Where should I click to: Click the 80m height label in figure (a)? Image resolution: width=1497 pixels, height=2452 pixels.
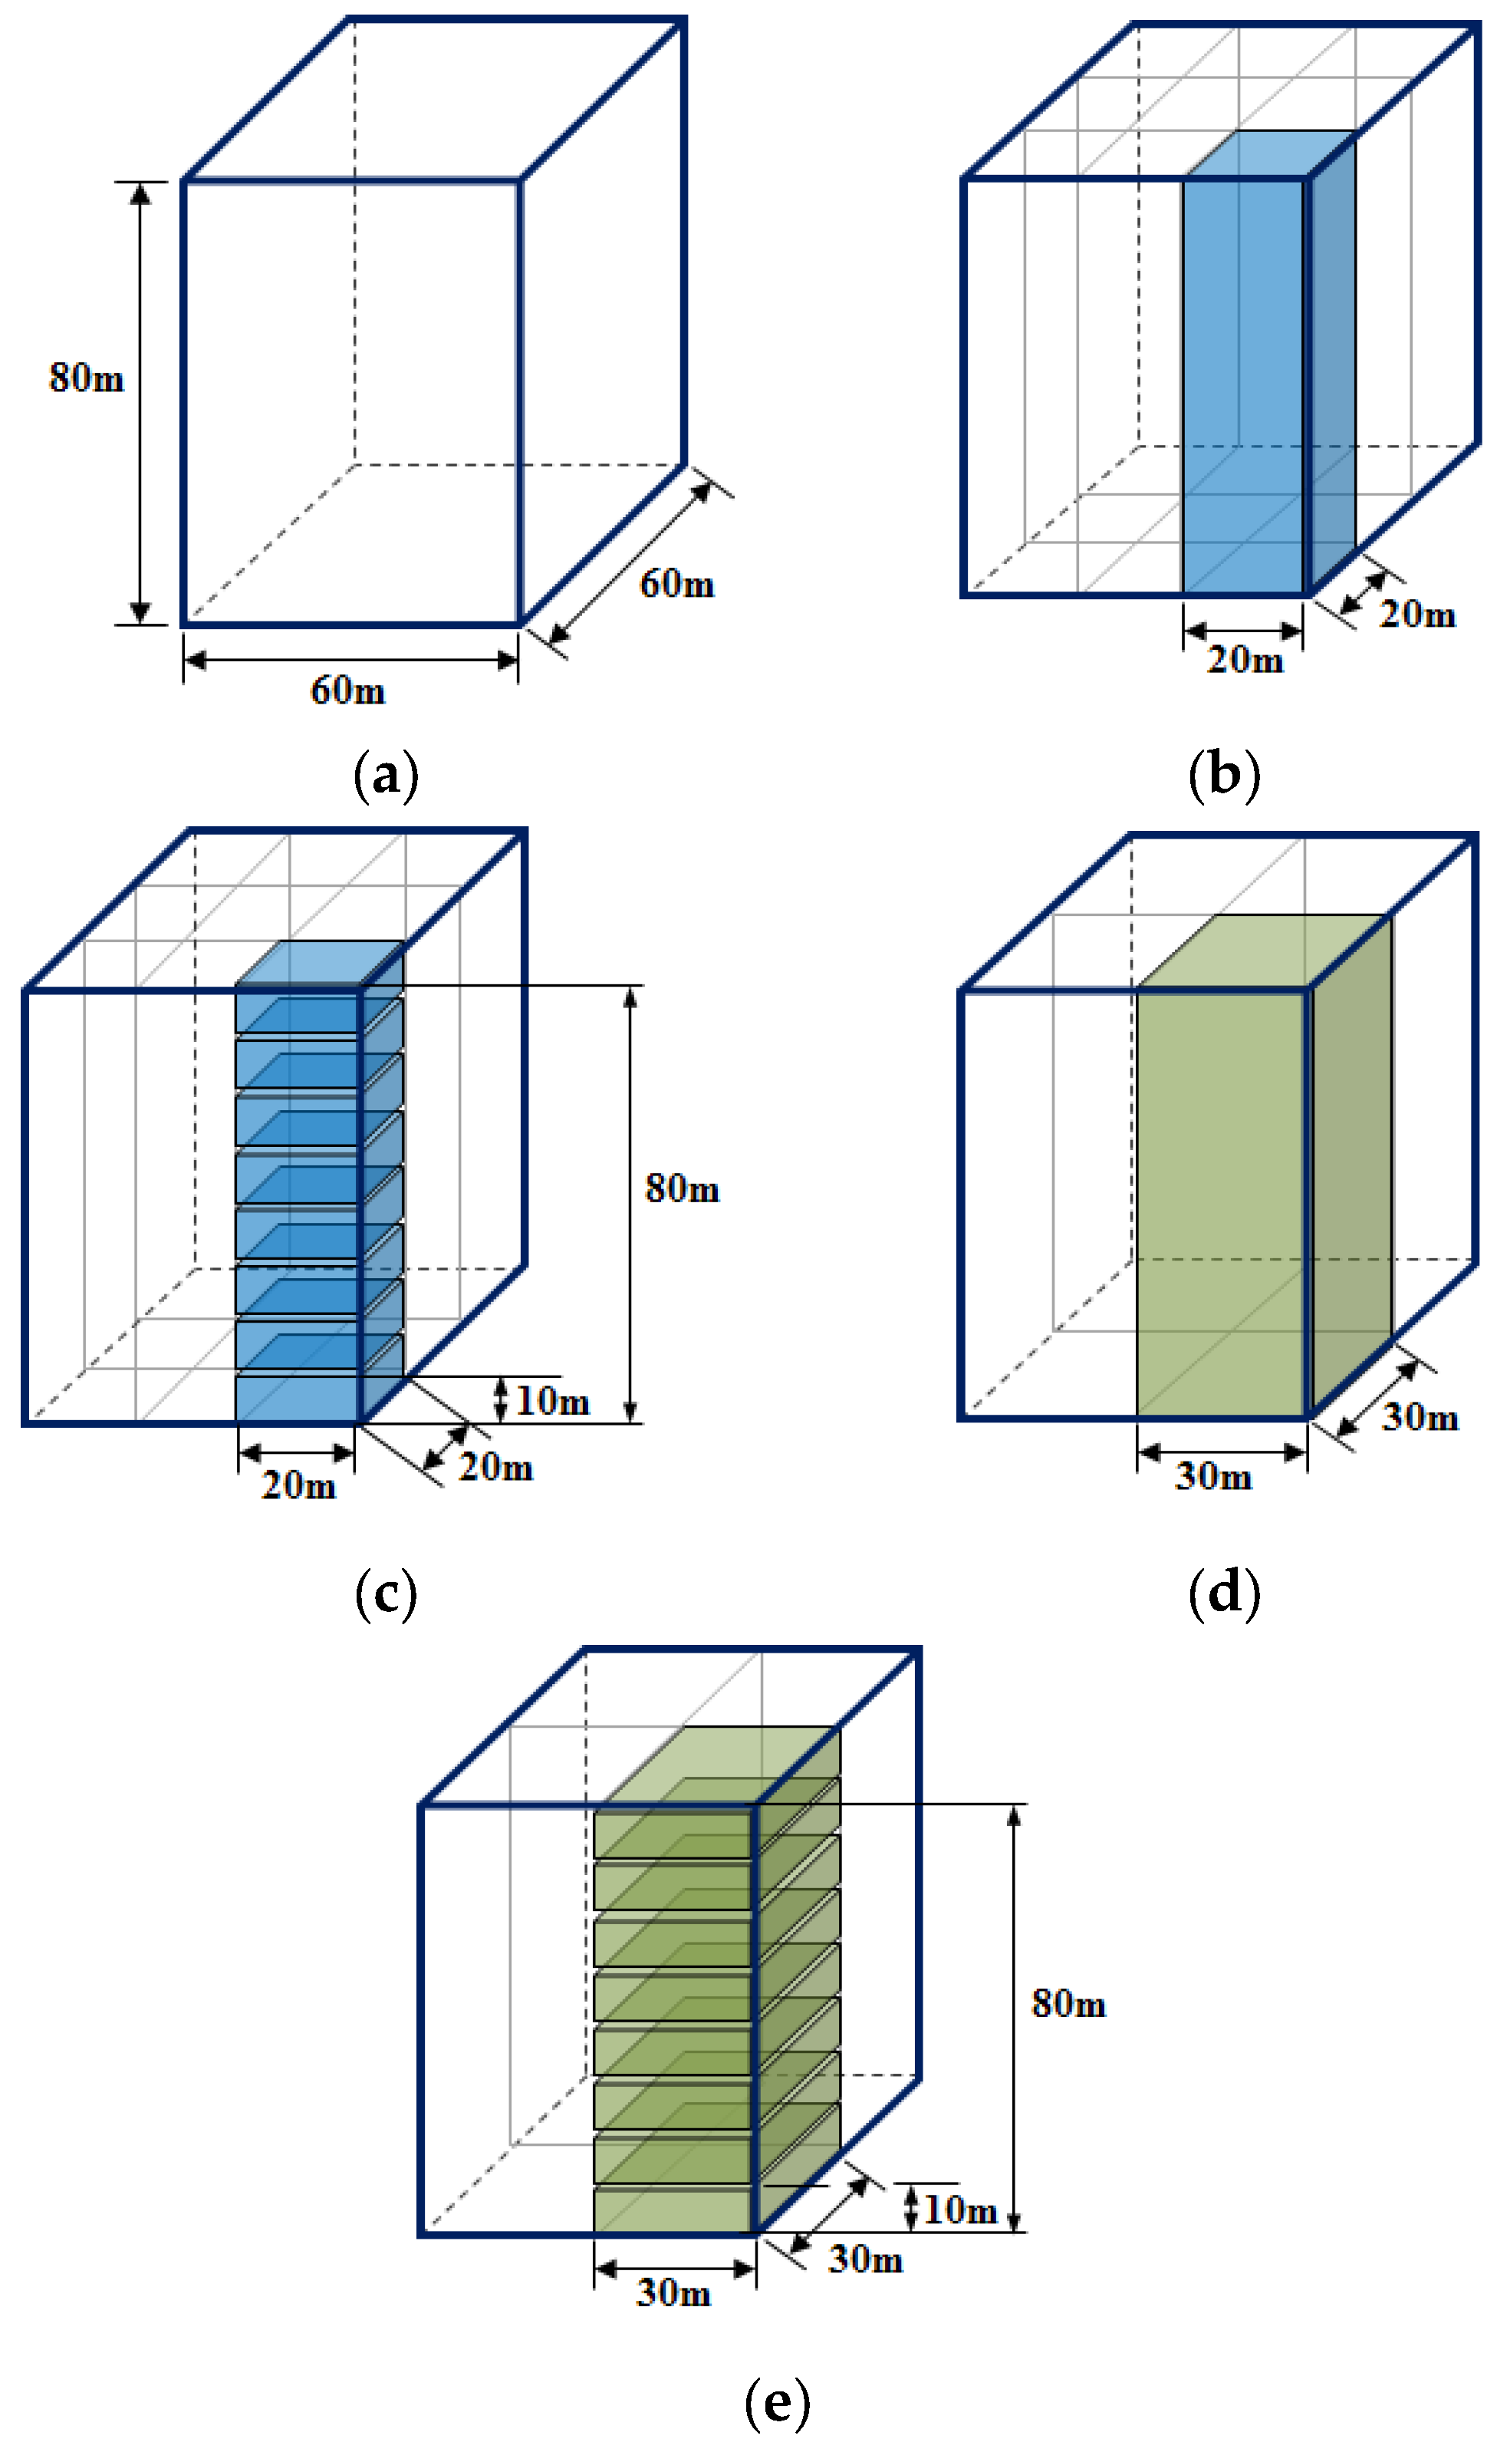[87, 378]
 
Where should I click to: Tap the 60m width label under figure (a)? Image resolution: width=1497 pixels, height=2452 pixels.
[347, 690]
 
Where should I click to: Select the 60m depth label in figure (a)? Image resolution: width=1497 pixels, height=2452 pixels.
[676, 583]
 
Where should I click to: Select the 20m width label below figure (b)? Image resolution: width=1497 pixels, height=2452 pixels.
[1245, 659]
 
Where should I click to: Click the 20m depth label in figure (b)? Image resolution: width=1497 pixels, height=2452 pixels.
[1416, 614]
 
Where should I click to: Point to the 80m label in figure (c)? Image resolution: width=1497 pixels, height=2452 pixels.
[681, 1188]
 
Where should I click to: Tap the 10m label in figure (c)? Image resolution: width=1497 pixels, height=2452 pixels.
[552, 1401]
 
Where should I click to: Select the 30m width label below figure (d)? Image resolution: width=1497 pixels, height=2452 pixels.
[1213, 1476]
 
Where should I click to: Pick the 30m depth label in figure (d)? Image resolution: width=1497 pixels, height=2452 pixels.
[1420, 1416]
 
